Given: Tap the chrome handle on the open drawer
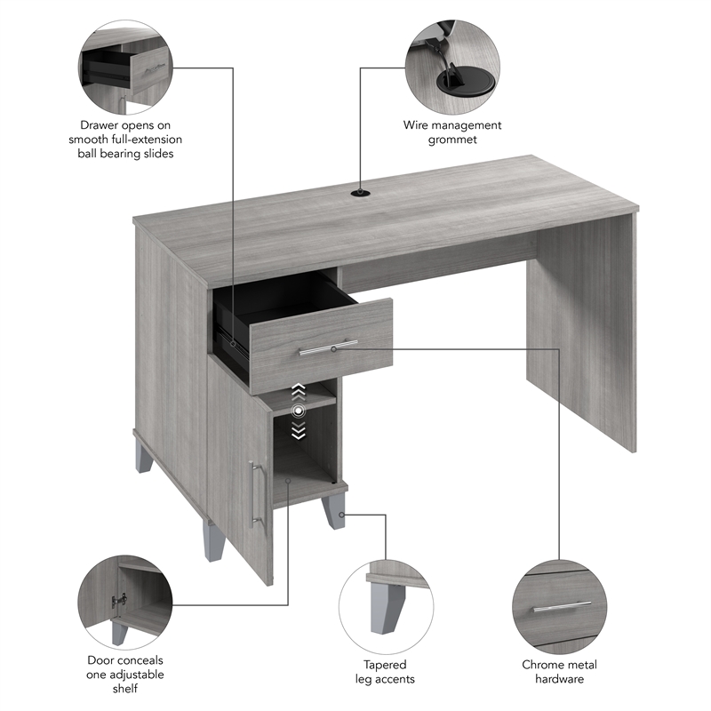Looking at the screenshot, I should [x=329, y=347].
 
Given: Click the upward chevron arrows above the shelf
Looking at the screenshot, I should [x=300, y=392].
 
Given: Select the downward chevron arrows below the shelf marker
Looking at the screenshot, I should [x=300, y=430].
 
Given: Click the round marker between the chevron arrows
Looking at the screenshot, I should [x=300, y=411].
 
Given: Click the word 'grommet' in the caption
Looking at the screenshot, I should [x=453, y=140].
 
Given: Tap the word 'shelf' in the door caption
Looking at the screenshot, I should [x=124, y=689].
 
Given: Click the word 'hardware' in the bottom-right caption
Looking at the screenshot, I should [x=559, y=679].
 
